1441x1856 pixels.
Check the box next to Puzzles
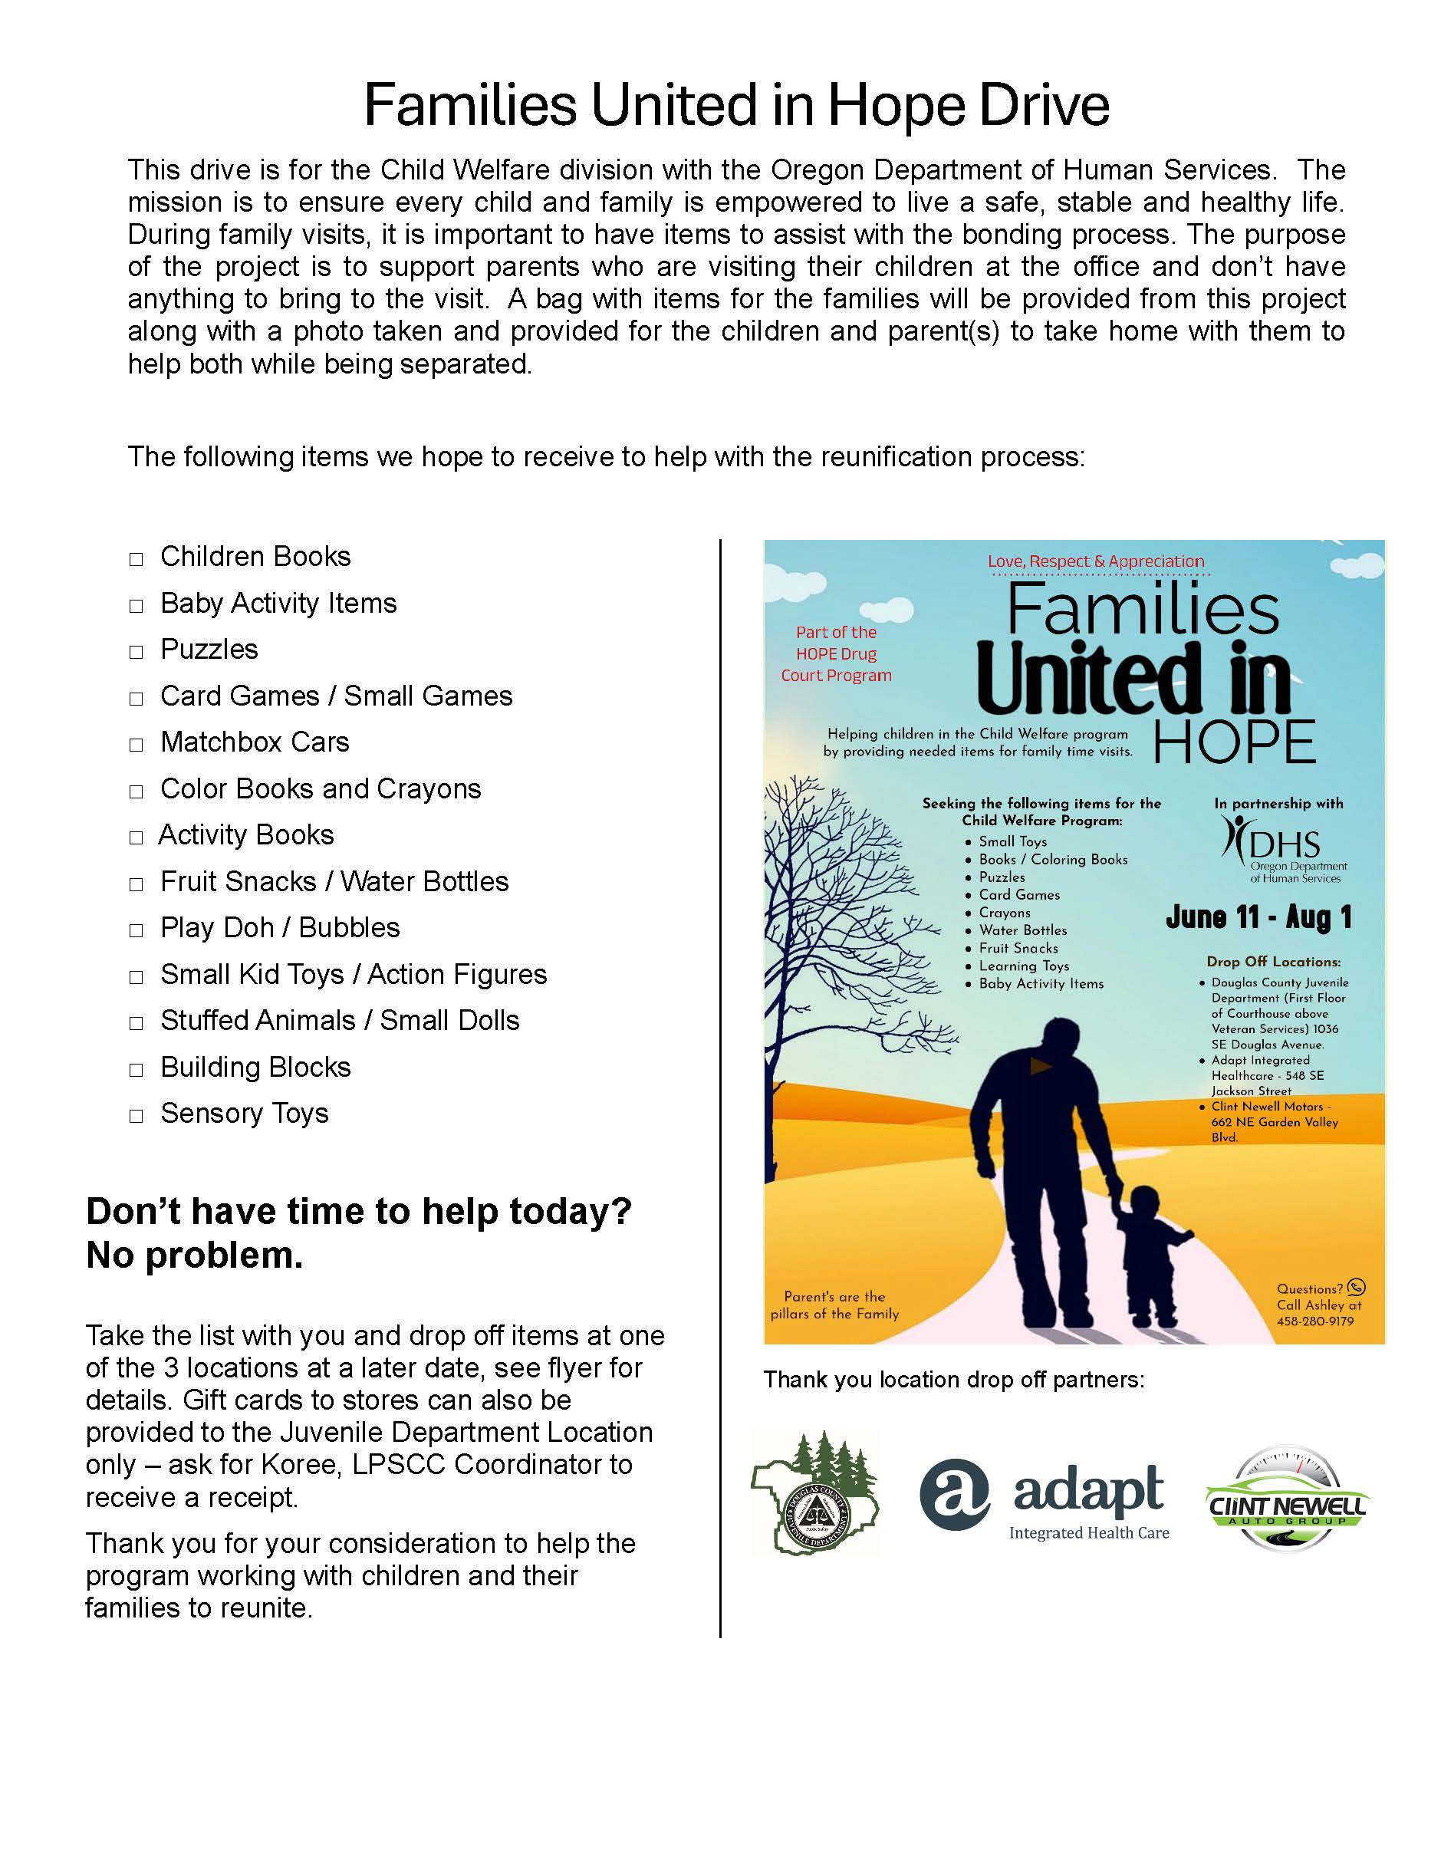[x=136, y=653]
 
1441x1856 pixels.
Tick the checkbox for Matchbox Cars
[x=136, y=745]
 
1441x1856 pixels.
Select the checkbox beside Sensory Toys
[x=136, y=1117]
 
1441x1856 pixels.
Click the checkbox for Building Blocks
[x=136, y=1071]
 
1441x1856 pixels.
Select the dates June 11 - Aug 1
[x=1258, y=918]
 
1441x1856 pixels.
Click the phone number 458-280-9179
[x=1314, y=1321]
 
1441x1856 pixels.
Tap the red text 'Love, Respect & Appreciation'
[x=1095, y=561]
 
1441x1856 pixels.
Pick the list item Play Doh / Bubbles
[x=279, y=927]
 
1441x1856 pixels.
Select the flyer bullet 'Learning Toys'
[x=1024, y=966]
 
